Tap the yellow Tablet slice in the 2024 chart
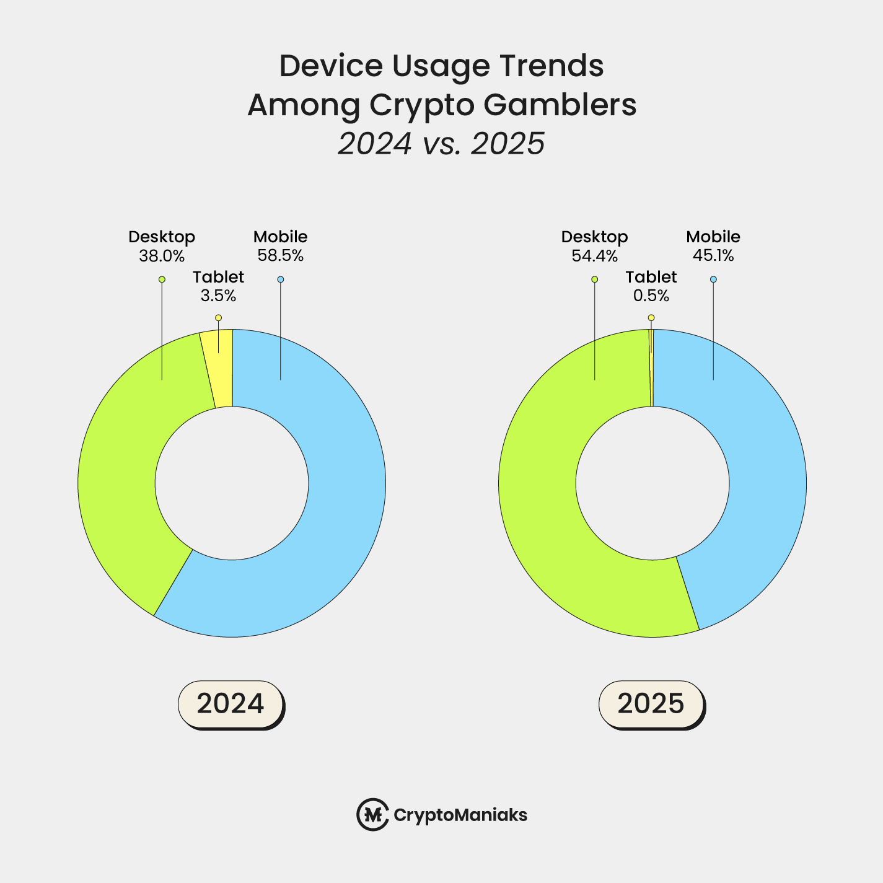point(221,369)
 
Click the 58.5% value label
point(281,255)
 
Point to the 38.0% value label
point(162,255)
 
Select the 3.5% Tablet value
point(218,296)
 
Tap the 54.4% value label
point(595,255)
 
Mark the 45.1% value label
point(713,255)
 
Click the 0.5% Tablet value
point(651,296)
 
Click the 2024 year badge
point(231,703)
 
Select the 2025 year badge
point(651,703)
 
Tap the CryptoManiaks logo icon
point(372,814)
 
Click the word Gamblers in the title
point(560,105)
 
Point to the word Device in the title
point(328,66)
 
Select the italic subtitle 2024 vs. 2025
point(441,144)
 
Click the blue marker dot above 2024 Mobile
point(281,279)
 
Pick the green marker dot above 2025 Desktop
point(595,279)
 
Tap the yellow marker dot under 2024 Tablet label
point(218,318)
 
